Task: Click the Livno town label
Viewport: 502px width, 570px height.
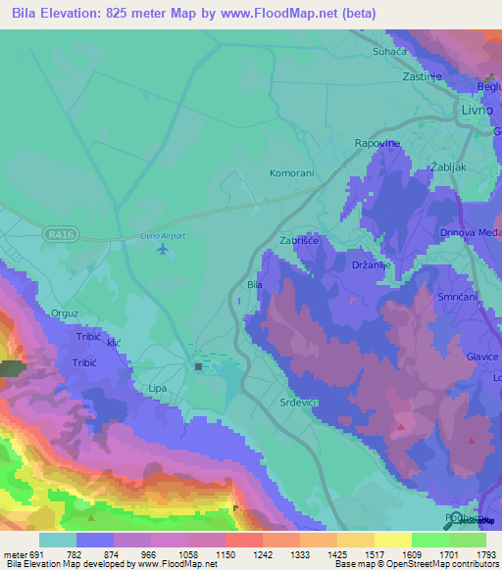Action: [478, 112]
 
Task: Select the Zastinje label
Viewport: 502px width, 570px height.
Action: [424, 75]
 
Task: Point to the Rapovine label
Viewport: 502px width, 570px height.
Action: [376, 143]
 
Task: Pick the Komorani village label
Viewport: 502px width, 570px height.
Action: [291, 173]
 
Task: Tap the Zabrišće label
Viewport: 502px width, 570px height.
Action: [298, 239]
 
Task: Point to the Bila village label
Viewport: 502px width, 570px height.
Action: [255, 285]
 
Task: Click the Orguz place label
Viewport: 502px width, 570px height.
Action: [65, 313]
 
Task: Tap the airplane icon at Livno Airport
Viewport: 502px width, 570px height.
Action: [163, 249]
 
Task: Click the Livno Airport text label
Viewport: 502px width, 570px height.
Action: [163, 235]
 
